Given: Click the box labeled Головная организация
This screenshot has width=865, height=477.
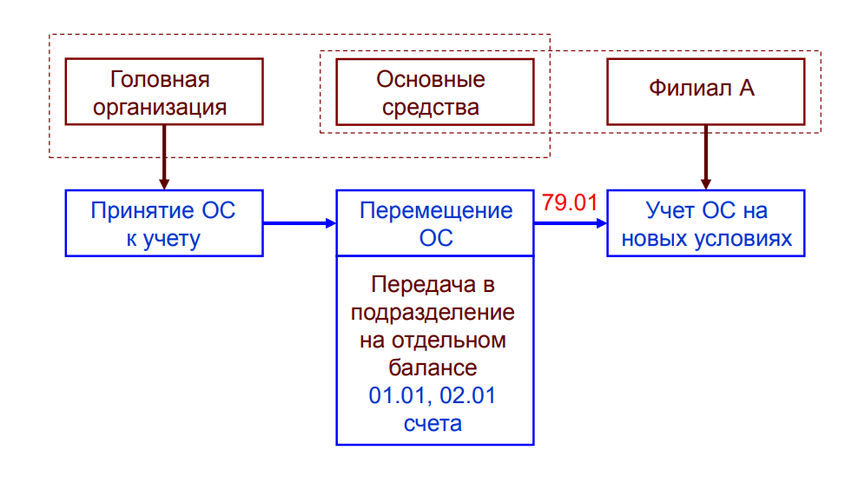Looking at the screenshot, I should (x=164, y=93).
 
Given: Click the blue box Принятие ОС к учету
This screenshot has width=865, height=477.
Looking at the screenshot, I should (x=164, y=224).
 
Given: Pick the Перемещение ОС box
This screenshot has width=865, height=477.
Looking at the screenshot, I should (x=435, y=224).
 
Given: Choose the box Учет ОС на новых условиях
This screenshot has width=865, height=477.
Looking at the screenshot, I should (x=705, y=224).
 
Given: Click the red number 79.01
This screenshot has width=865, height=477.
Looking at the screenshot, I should (x=570, y=203).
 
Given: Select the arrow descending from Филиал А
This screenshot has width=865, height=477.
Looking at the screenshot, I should (x=705, y=157).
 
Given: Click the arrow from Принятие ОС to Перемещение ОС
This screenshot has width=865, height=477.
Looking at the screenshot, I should (x=299, y=224).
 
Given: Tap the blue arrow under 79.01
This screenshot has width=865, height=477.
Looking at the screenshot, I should (x=570, y=224).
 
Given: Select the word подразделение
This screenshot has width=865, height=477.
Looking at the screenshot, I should (x=435, y=312).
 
